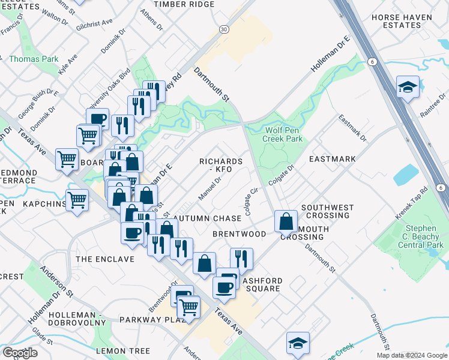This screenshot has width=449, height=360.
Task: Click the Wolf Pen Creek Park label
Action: (283, 134)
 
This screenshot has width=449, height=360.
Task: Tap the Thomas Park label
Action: (34, 59)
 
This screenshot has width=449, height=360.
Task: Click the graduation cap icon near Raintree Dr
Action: (408, 88)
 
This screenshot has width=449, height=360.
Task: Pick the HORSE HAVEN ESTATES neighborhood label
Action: (404, 22)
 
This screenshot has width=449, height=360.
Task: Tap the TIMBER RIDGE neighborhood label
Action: (184, 4)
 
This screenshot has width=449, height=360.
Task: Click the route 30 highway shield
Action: (224, 29)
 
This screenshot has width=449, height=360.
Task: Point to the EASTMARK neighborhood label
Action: (333, 160)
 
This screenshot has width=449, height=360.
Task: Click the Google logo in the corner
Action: (20, 353)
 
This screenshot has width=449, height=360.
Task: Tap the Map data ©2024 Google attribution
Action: (412, 355)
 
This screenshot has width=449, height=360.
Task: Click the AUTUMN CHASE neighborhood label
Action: (207, 218)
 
